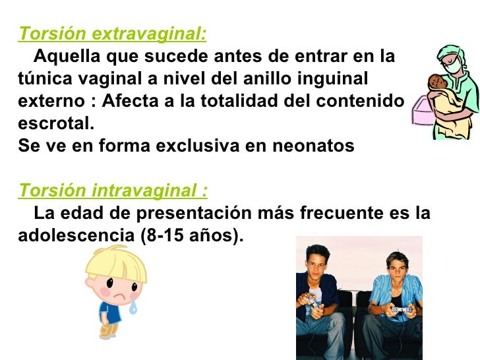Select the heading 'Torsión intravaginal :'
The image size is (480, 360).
[x=113, y=191]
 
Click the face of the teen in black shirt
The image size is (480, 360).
[x=317, y=262]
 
